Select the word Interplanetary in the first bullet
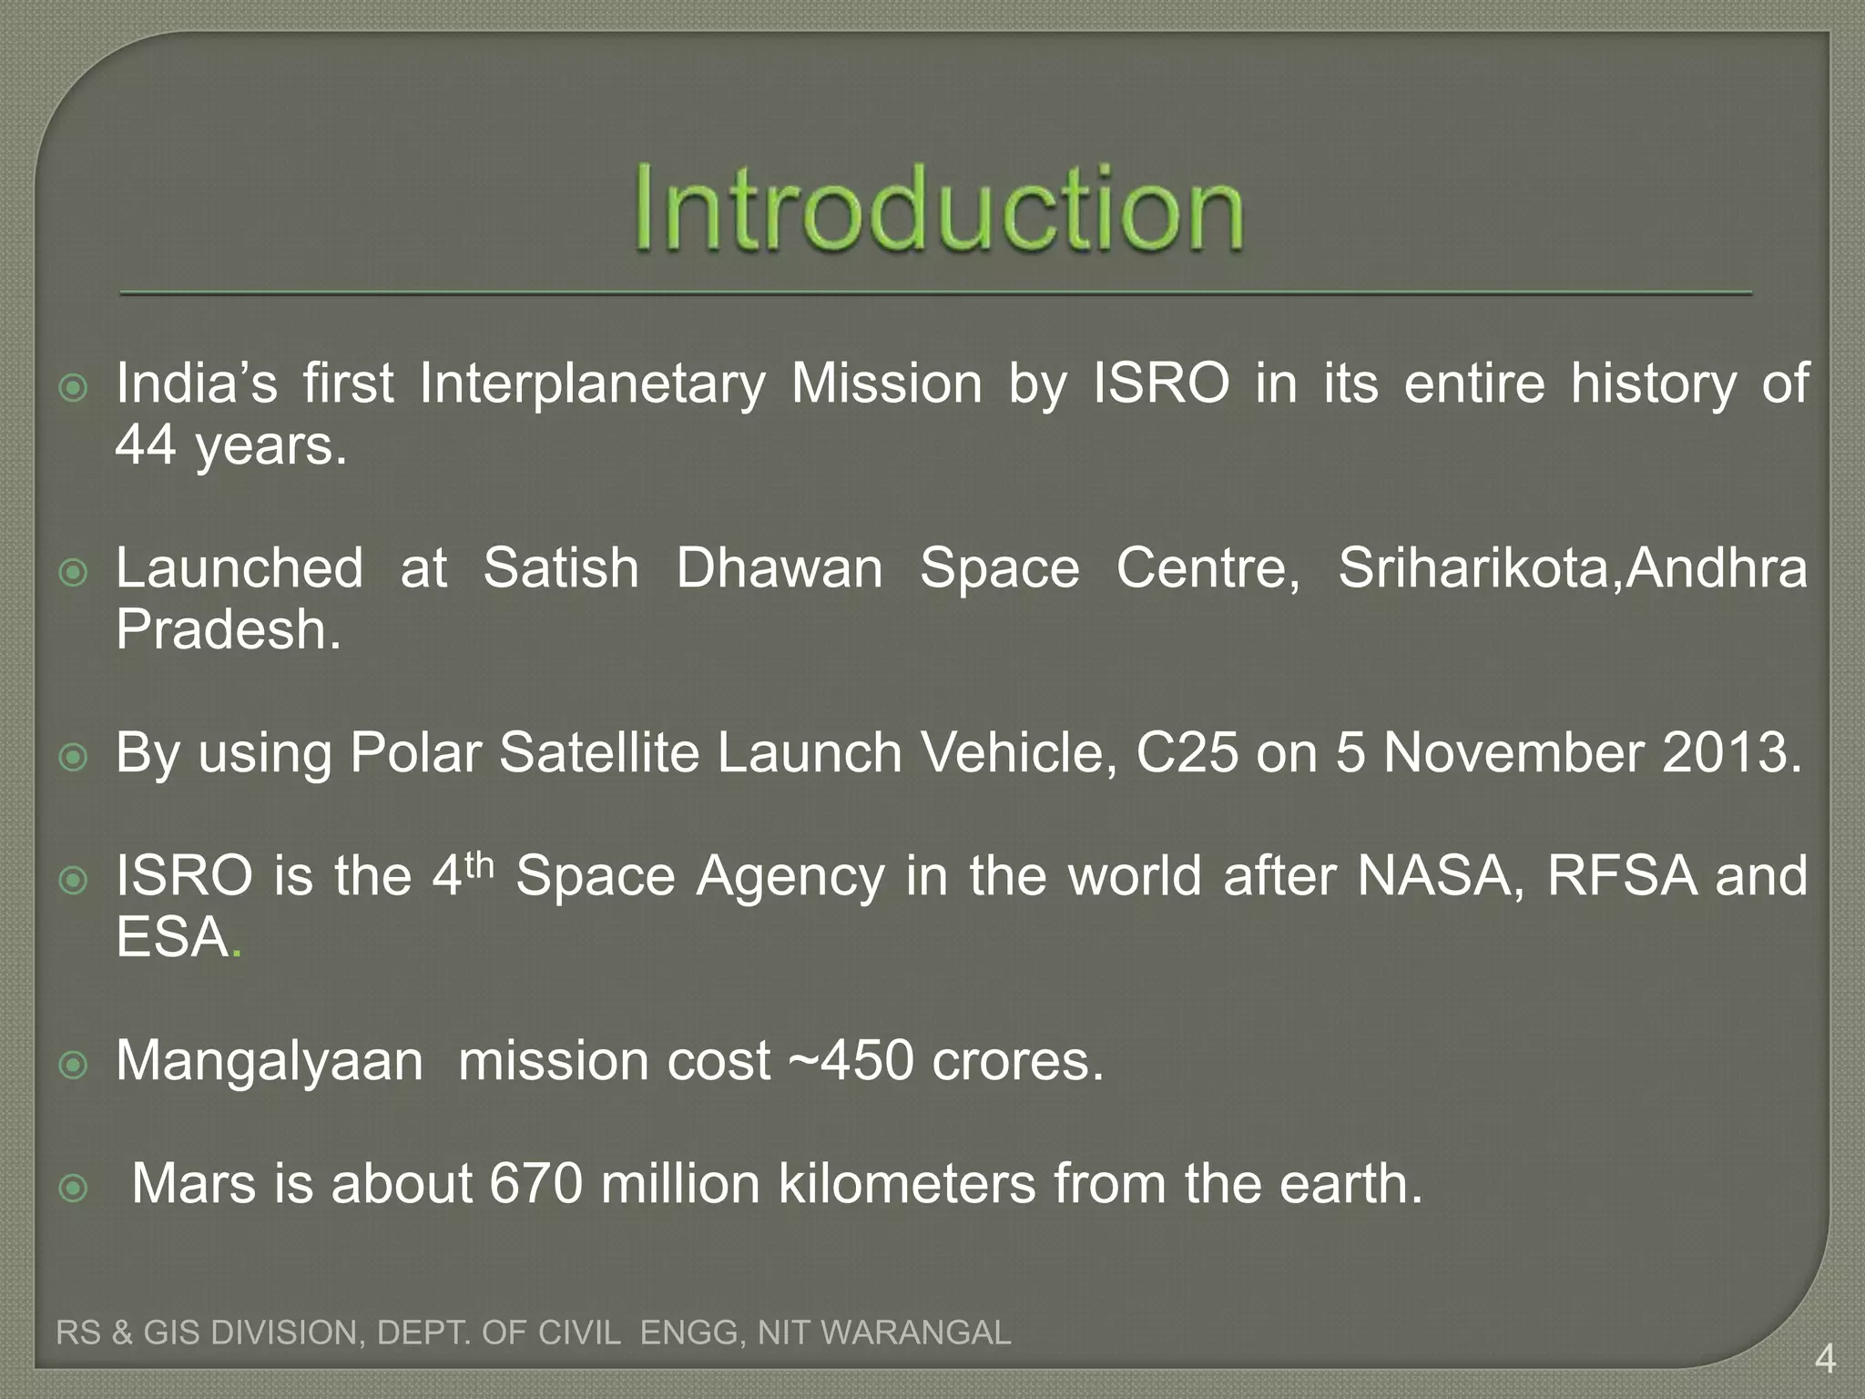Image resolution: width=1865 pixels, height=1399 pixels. [592, 383]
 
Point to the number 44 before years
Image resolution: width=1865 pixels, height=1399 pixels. [145, 446]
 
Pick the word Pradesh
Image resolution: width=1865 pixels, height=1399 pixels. [228, 629]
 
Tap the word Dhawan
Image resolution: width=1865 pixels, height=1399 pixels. [779, 568]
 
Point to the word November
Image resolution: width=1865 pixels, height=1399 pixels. [1514, 753]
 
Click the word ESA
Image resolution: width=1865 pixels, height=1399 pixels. [172, 938]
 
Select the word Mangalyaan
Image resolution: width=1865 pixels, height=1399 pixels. [270, 1062]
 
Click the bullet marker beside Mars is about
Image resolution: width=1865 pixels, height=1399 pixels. [73, 1188]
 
